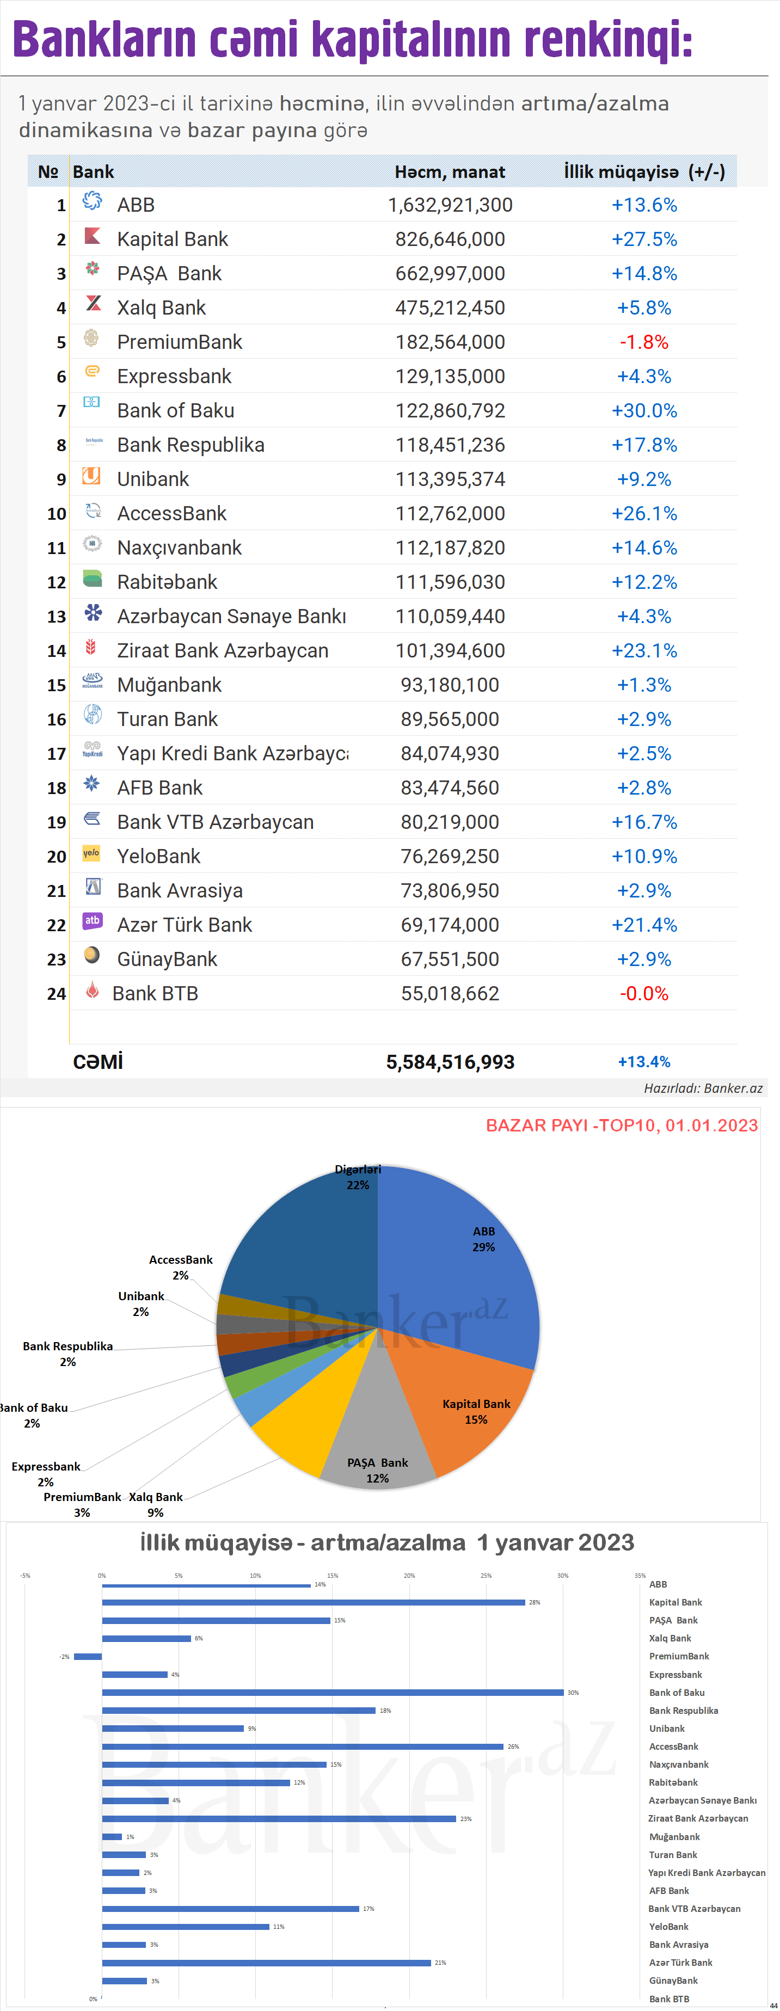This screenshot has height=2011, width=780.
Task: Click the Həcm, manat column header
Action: coord(449,172)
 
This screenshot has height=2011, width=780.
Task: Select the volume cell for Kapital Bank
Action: coord(450,239)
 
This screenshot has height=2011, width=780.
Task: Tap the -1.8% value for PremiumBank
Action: coord(643,342)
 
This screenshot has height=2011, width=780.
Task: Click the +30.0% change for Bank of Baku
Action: coord(643,410)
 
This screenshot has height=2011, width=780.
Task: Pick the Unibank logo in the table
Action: coord(91,476)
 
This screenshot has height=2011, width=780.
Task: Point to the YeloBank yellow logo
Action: coord(91,853)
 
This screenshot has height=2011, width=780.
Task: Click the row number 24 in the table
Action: coord(56,994)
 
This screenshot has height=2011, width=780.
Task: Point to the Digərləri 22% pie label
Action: coord(358,1177)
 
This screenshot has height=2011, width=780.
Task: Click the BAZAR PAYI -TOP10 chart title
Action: coord(622,1125)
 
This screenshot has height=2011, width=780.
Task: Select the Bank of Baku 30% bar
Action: coord(332,1693)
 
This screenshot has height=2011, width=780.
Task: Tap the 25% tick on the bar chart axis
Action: coord(486,1576)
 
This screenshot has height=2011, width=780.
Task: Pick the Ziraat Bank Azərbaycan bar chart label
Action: coord(697,1818)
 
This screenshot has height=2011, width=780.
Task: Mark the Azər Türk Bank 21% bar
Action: coord(266,1963)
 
